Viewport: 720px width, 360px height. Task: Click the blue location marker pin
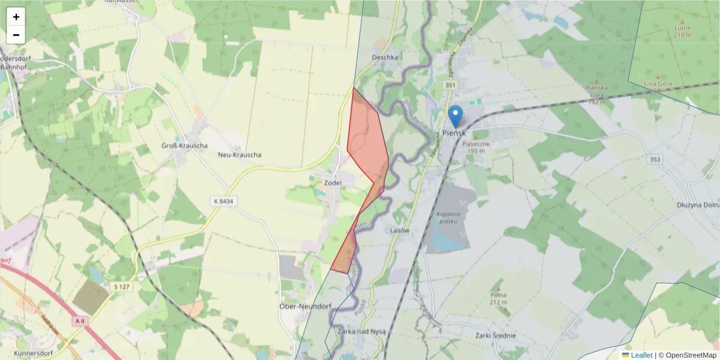point(455,116)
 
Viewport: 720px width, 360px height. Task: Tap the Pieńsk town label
point(454,133)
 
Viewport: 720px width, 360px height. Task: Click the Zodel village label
point(332,182)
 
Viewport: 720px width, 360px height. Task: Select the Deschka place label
point(385,58)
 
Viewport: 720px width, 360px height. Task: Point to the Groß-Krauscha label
point(185,146)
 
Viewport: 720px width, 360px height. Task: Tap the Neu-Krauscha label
point(239,154)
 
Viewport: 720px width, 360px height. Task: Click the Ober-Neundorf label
point(306,306)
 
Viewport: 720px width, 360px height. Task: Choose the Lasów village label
point(400,230)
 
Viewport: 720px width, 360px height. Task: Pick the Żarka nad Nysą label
point(362,331)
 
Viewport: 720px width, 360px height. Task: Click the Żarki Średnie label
point(495,336)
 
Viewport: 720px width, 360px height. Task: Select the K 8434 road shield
point(222,202)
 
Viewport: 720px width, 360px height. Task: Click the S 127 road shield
point(122,287)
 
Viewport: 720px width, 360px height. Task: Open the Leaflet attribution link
point(641,355)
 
